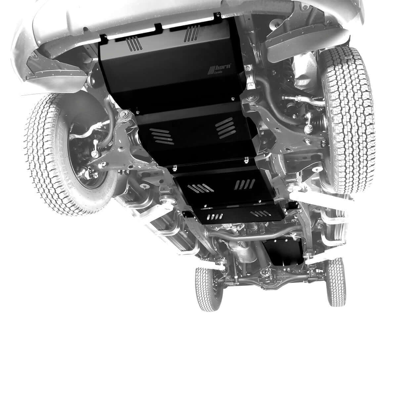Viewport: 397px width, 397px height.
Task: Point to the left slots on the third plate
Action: pos(200,188)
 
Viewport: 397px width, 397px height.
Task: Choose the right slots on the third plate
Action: pos(245,184)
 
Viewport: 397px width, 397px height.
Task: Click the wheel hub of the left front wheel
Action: pos(84,155)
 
